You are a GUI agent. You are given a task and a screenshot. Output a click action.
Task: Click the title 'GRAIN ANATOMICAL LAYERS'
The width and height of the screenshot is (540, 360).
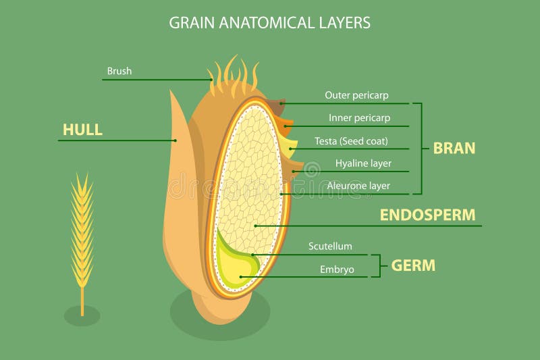coord(269,22)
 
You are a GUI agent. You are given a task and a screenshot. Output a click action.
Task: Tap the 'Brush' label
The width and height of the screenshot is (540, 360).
coord(119,71)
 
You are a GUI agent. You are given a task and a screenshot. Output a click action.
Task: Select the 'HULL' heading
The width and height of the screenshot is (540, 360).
coord(82,130)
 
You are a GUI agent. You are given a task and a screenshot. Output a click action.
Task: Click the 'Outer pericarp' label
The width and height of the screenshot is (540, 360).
coord(356,95)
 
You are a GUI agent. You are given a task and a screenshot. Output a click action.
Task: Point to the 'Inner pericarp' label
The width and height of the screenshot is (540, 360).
coord(359,118)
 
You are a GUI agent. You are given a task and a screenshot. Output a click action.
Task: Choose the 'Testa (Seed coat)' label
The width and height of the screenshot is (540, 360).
coord(351,141)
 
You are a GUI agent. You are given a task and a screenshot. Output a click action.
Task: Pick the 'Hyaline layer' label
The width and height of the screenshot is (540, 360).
coord(363,163)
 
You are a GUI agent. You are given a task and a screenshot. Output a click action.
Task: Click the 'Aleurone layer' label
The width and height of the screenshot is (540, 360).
coord(358,185)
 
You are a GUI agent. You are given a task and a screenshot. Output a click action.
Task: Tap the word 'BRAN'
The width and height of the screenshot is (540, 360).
coord(454,148)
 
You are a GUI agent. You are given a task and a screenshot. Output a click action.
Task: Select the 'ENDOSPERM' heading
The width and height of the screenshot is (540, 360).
coord(427,215)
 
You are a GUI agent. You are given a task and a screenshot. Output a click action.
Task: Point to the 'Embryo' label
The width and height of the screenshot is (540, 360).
coord(337,269)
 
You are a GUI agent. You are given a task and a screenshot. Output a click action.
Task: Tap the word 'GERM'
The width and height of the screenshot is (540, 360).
coord(413,265)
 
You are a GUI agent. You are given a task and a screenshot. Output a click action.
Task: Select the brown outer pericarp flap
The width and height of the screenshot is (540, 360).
coord(277,107)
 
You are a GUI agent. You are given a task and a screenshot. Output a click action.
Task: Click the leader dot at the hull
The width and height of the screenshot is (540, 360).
coord(175,140)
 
